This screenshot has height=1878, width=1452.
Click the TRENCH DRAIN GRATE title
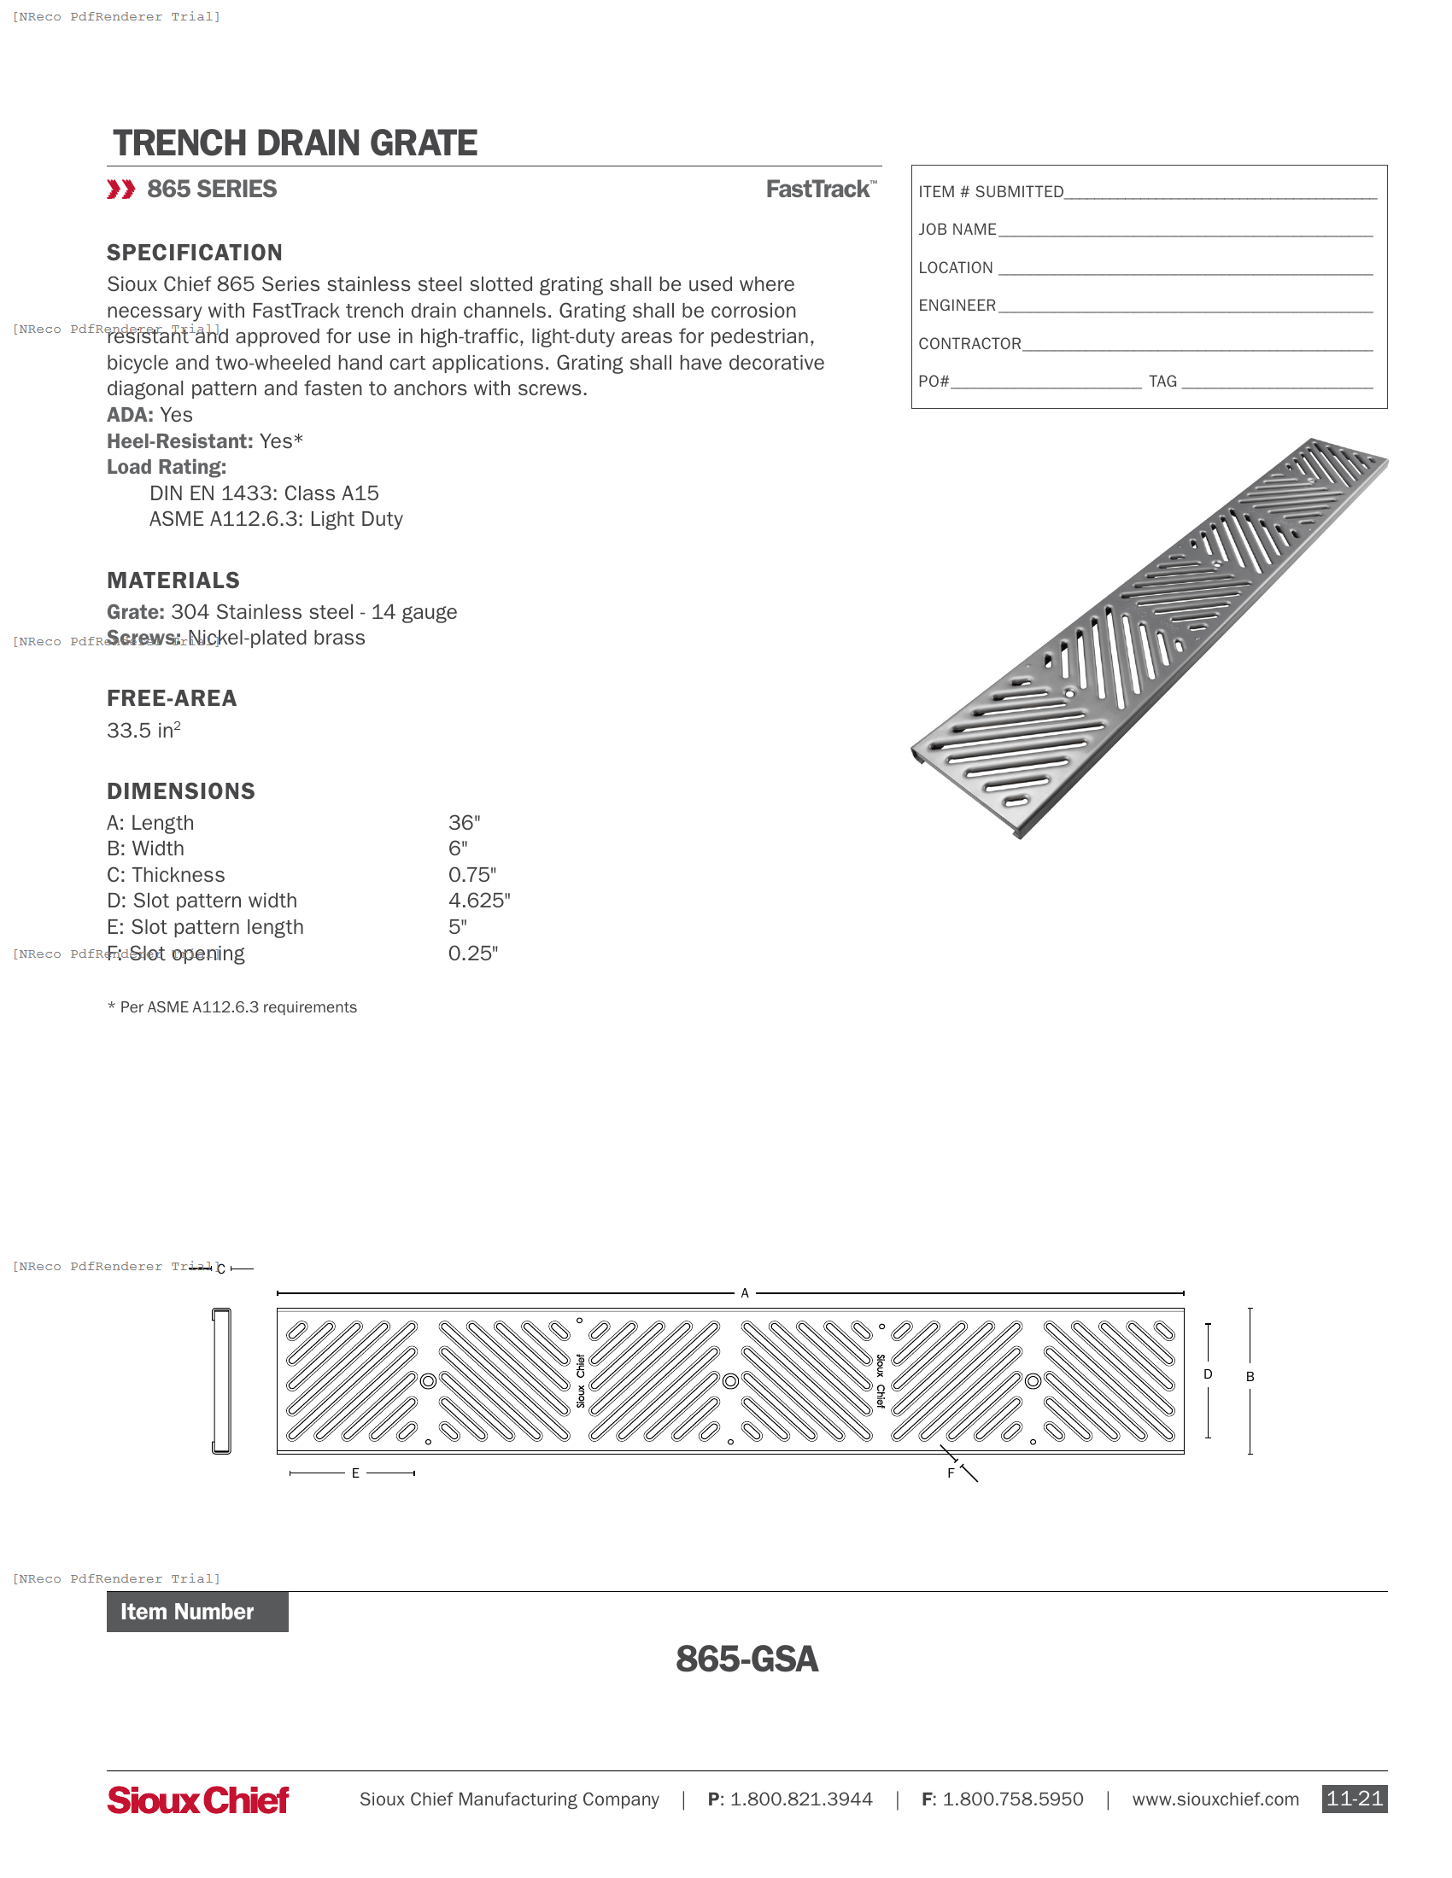[295, 143]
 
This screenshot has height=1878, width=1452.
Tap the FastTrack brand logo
[821, 190]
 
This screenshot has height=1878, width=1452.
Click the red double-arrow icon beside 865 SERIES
[121, 190]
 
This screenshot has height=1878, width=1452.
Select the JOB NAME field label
[957, 230]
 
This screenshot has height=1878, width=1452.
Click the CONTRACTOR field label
[969, 344]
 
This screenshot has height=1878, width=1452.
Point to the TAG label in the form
[1162, 382]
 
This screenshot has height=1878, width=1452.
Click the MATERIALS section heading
[173, 580]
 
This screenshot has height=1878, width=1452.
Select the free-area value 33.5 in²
[143, 730]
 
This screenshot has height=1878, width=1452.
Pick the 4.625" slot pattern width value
[479, 901]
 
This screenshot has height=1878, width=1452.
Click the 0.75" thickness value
[471, 874]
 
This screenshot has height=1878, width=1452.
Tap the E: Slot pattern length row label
[205, 927]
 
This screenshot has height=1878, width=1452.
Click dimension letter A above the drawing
[745, 1293]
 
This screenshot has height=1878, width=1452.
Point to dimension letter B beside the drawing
[1250, 1377]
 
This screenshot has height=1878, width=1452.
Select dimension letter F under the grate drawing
[951, 1473]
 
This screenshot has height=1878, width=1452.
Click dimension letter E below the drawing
[354, 1473]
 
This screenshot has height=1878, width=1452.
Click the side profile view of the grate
[221, 1380]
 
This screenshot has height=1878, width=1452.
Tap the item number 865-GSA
[746, 1659]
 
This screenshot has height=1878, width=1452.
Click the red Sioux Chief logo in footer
[198, 1799]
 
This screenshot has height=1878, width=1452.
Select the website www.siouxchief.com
[1215, 1799]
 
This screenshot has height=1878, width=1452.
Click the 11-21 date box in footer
[1354, 1799]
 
